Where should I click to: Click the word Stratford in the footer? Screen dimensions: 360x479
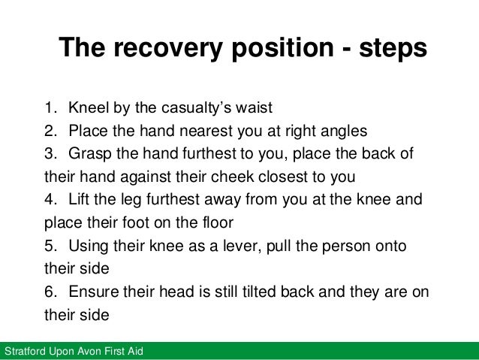(x=25, y=352)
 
